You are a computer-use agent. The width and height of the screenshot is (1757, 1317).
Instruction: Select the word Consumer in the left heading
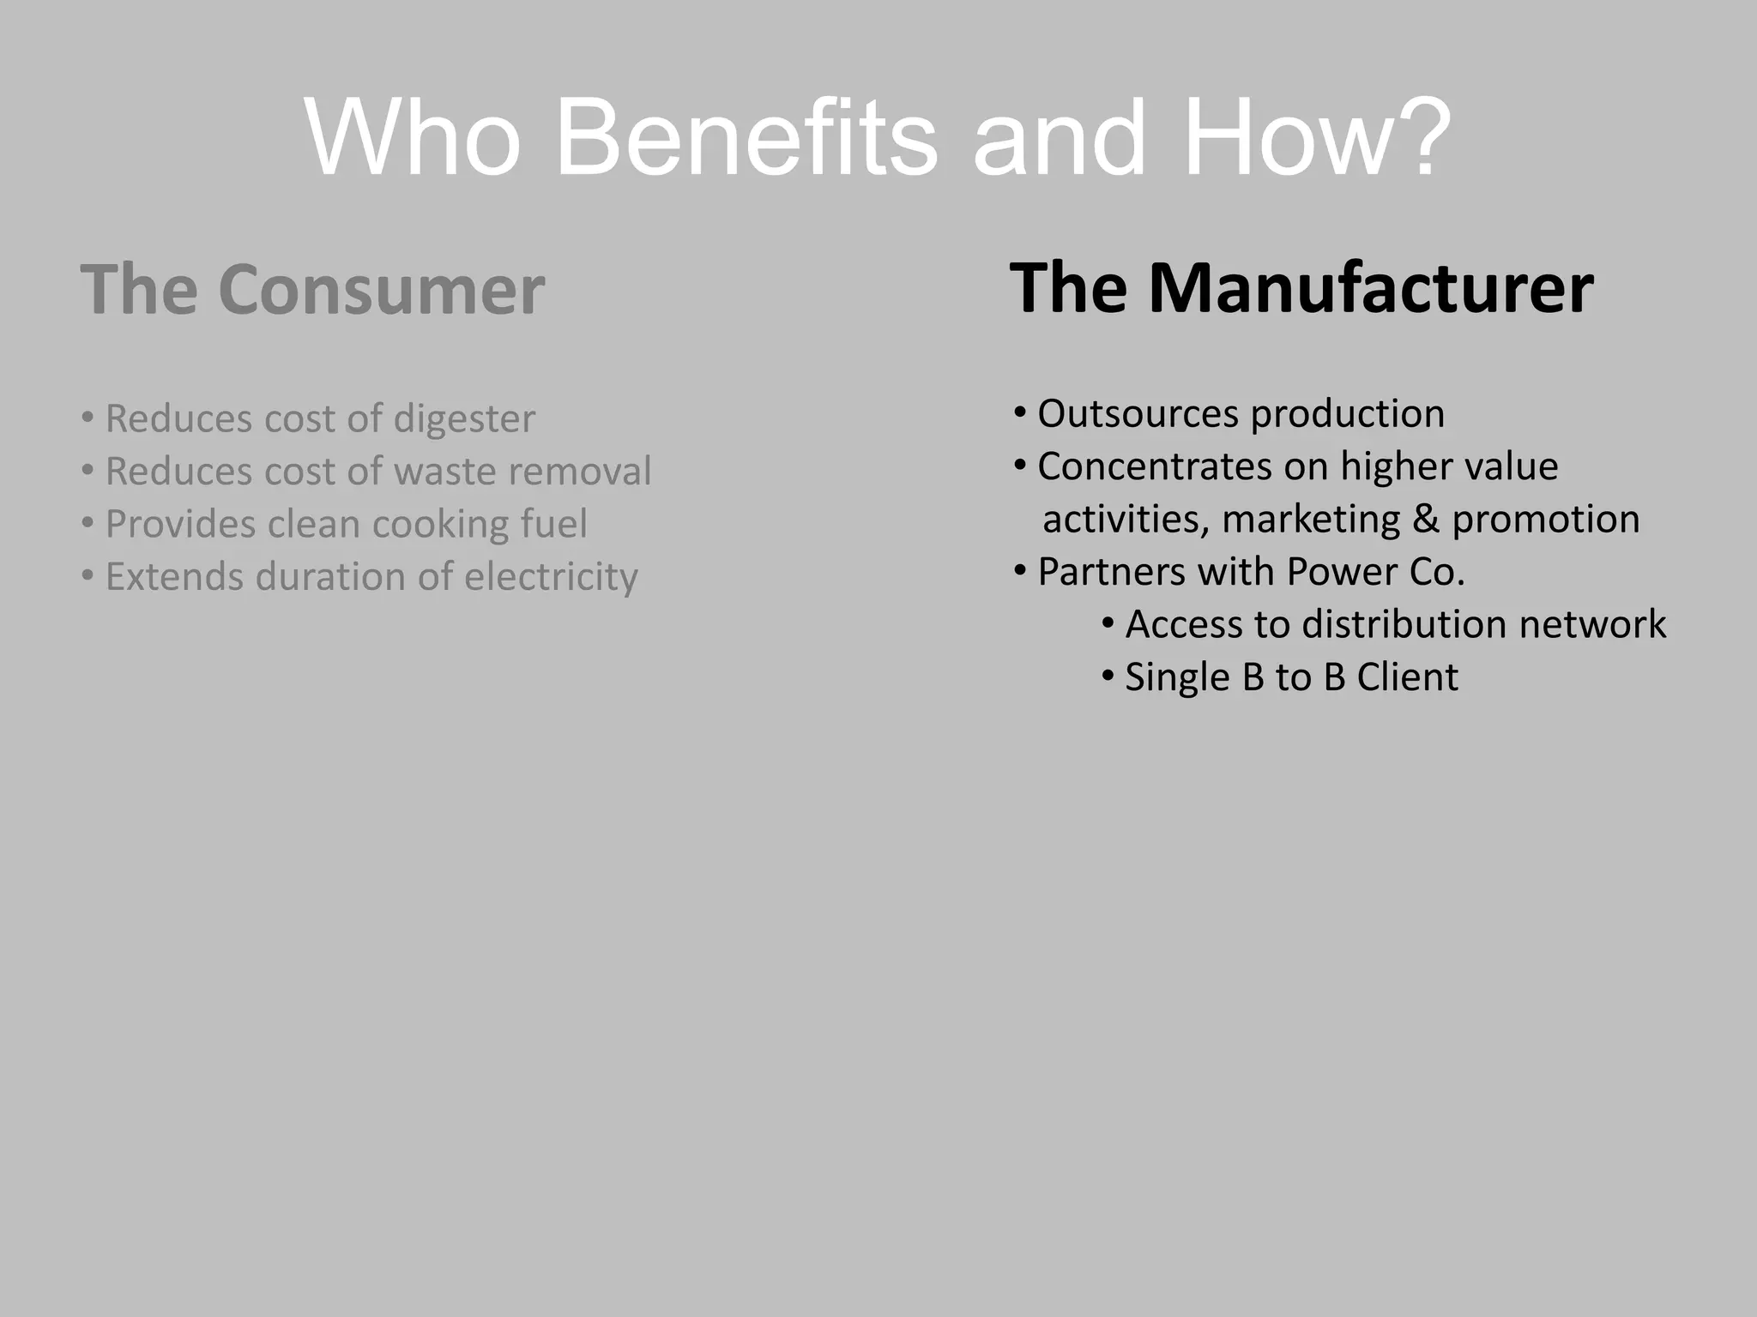382,290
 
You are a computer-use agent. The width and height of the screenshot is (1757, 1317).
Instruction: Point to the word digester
464,419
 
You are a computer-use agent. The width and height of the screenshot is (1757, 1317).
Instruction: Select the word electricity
551,577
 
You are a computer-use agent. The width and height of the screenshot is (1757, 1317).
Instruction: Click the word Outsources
1137,414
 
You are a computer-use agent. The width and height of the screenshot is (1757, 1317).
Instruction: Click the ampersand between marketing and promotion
1425,520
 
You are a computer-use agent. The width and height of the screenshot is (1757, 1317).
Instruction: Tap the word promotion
1546,520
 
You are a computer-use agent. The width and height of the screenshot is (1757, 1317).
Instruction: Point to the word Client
1407,677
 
